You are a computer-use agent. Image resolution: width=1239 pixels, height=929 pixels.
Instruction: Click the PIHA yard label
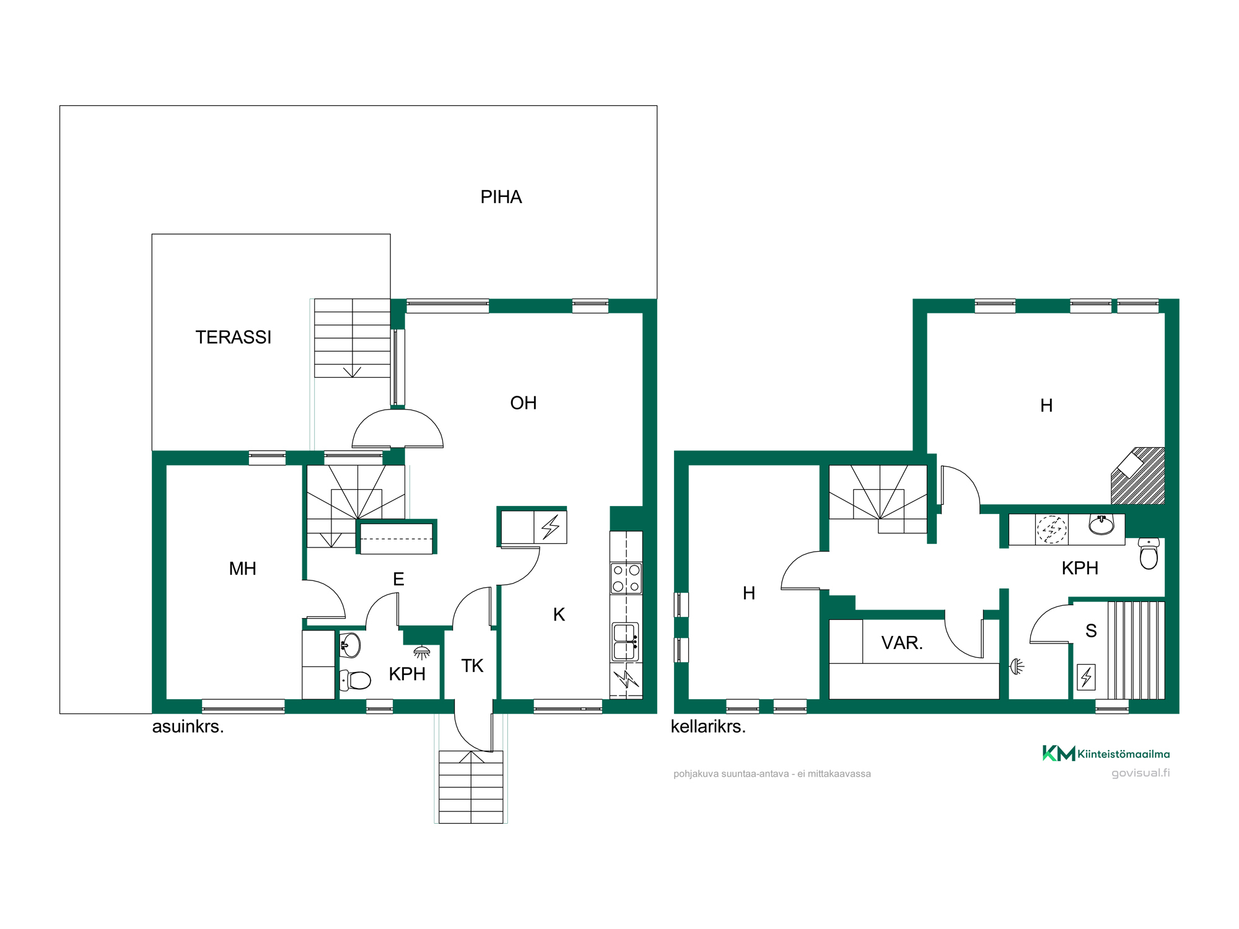501,197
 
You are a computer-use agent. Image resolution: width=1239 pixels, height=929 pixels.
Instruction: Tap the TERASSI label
234,337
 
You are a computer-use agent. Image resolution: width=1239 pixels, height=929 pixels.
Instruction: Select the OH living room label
523,403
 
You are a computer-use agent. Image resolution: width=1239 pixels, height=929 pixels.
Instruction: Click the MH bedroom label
242,569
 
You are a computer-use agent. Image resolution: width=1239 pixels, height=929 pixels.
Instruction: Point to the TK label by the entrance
472,666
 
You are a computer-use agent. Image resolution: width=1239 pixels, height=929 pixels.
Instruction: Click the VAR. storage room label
902,643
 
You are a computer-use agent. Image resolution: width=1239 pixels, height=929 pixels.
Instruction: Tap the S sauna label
1091,630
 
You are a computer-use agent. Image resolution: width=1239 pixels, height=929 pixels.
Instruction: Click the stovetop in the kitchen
626,578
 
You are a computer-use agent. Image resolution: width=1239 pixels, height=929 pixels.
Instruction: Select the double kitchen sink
626,642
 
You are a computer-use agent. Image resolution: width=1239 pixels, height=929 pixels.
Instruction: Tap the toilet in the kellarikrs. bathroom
1149,554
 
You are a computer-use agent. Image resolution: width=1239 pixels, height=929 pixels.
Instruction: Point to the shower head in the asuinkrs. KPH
421,652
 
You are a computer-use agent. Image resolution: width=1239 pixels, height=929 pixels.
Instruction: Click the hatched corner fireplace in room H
1139,475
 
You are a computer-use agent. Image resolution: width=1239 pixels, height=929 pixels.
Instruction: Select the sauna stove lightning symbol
1086,677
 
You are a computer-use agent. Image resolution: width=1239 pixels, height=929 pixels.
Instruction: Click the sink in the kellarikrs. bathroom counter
1101,525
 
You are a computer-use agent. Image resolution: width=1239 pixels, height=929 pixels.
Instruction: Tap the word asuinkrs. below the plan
188,726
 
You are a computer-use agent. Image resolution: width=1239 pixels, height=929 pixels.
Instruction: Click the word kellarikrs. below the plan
708,726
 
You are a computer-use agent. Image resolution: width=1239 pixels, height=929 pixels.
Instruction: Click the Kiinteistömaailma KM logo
1106,753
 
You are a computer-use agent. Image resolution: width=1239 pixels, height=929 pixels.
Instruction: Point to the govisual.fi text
1140,773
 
